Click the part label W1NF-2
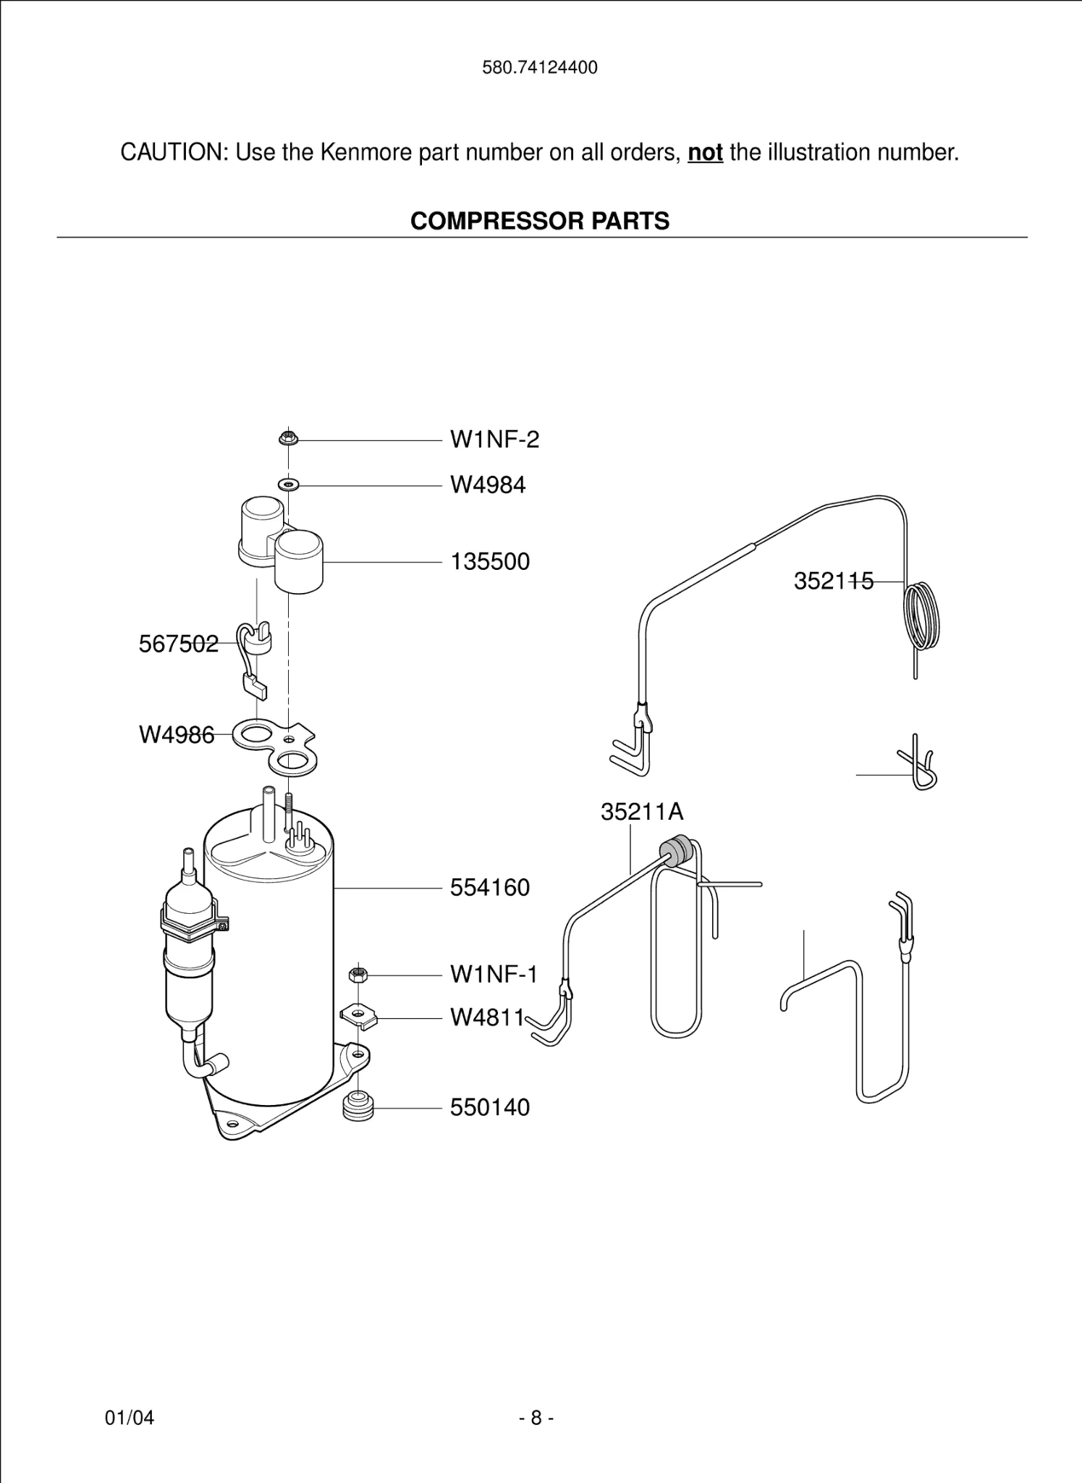pyautogui.click(x=494, y=440)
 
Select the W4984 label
pyautogui.click(x=487, y=484)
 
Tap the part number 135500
pyautogui.click(x=490, y=562)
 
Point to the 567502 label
pyautogui.click(x=178, y=643)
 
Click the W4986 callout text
pyautogui.click(x=177, y=735)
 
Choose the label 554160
pyautogui.click(x=490, y=888)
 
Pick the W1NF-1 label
pyautogui.click(x=494, y=975)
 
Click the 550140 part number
pyautogui.click(x=490, y=1107)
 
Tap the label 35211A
pyautogui.click(x=641, y=812)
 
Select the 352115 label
pyautogui.click(x=833, y=581)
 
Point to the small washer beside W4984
pyautogui.click(x=288, y=484)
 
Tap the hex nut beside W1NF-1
pyautogui.click(x=357, y=975)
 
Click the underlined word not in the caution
pyautogui.click(x=705, y=153)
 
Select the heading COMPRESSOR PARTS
pyautogui.click(x=540, y=221)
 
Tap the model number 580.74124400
pyautogui.click(x=540, y=68)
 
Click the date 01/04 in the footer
pyautogui.click(x=130, y=1418)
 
